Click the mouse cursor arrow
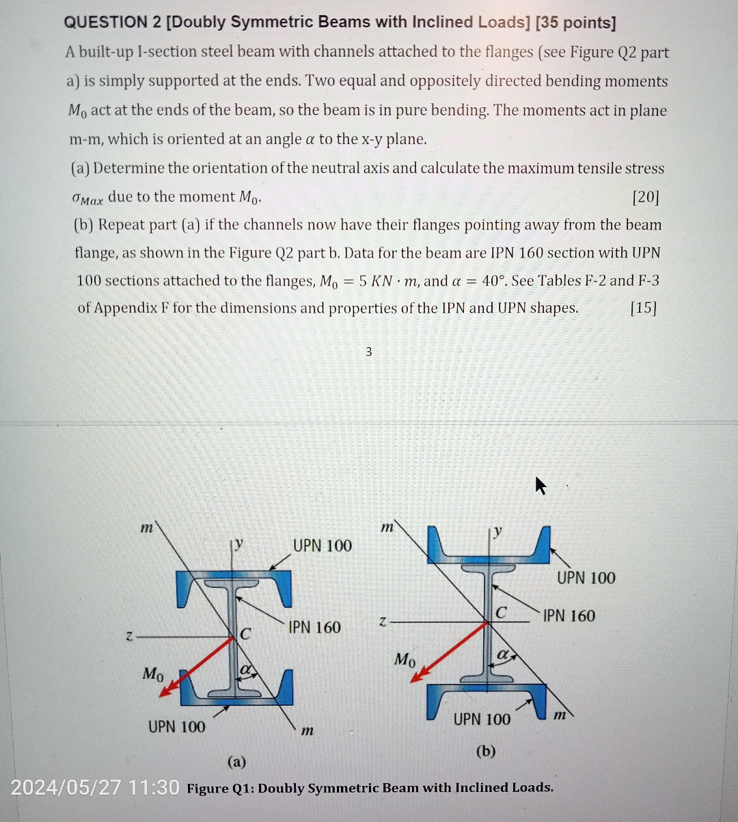[541, 486]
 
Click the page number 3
[368, 352]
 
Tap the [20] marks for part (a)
[645, 197]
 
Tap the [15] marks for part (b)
[642, 308]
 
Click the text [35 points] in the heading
[576, 23]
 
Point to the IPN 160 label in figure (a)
[314, 627]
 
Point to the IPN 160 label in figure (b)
[569, 616]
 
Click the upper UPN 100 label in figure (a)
[322, 546]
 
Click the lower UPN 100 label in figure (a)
[176, 726]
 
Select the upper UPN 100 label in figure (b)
[586, 578]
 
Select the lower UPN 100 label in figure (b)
[482, 719]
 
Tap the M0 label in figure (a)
[153, 674]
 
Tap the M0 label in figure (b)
[405, 660]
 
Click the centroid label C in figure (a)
[245, 633]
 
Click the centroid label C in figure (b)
[501, 613]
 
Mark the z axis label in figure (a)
[128, 636]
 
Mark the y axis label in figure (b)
[498, 531]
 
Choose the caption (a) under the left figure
[236, 761]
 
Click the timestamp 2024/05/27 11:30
[95, 788]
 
